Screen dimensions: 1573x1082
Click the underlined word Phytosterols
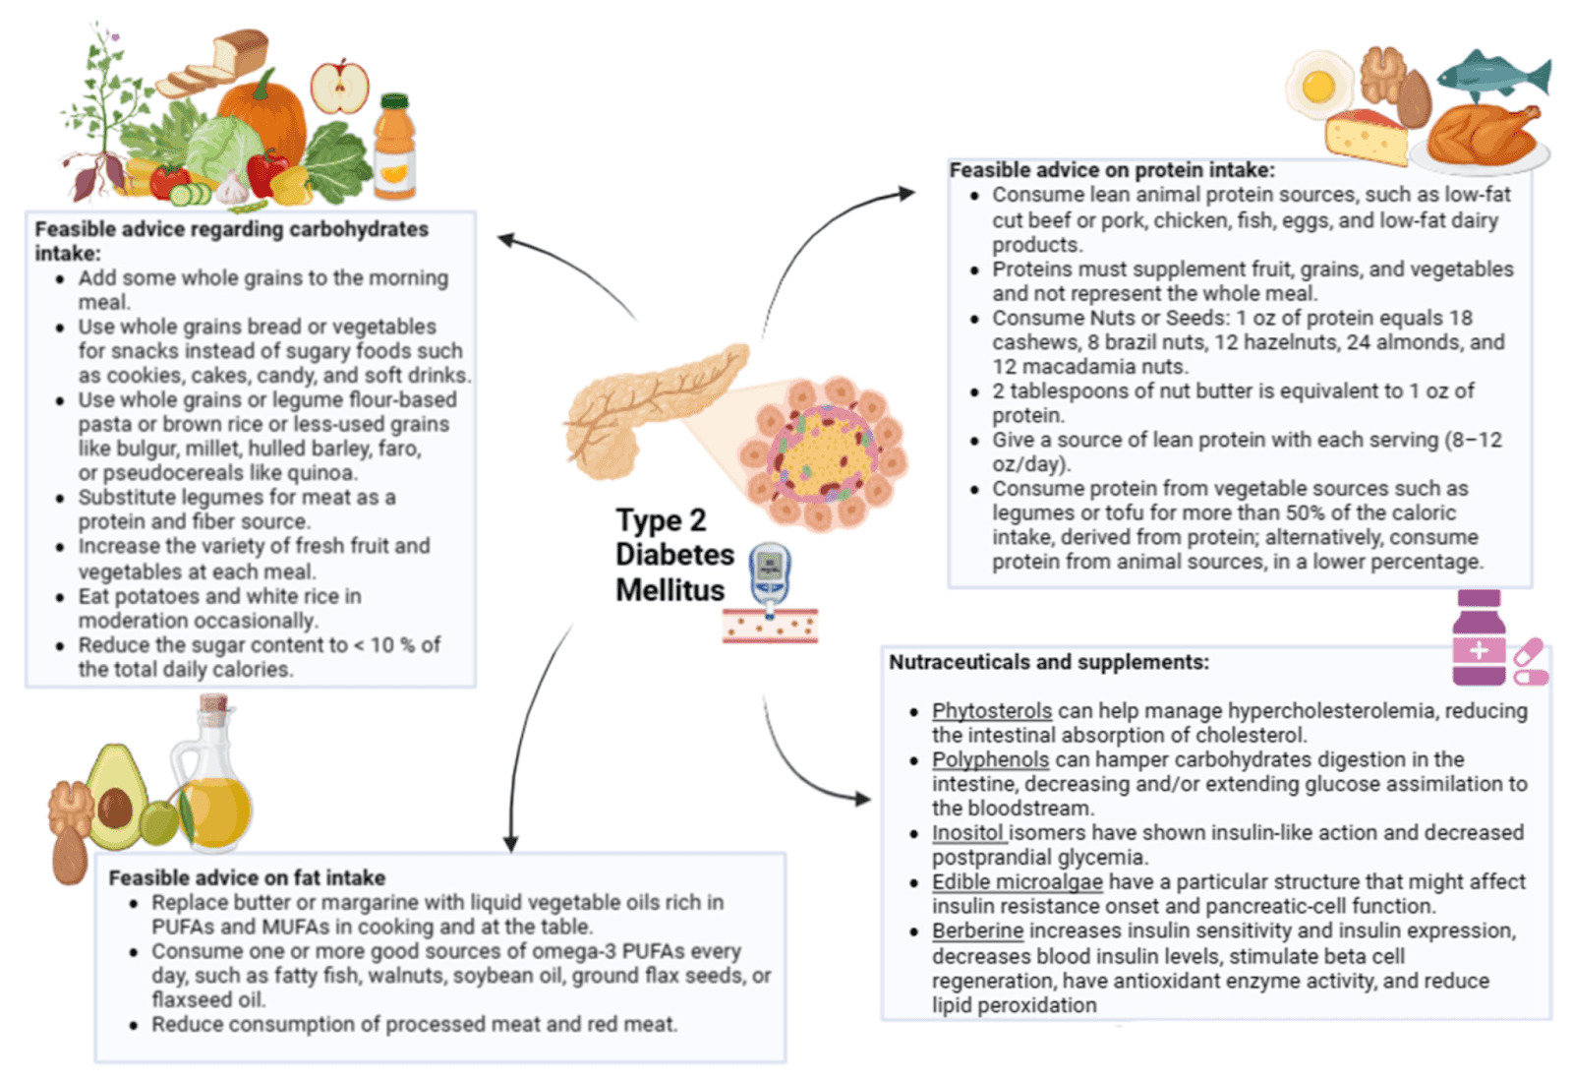pyautogui.click(x=992, y=711)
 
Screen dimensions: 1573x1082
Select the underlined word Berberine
pyautogui.click(x=977, y=931)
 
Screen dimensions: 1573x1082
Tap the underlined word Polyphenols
pyautogui.click(x=990, y=759)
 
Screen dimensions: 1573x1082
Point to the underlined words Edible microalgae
pyautogui.click(x=1017, y=882)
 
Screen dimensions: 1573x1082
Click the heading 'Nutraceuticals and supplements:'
pyautogui.click(x=1049, y=662)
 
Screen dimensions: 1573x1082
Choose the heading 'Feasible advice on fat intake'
pyautogui.click(x=247, y=877)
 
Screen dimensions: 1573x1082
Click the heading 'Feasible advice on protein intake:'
pyautogui.click(x=1112, y=170)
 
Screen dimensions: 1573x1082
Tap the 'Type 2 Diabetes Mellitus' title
pyautogui.click(x=674, y=555)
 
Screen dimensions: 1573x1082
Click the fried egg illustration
pyautogui.click(x=1319, y=87)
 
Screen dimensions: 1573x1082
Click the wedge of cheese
pyautogui.click(x=1367, y=139)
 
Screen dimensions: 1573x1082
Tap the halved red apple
pyautogui.click(x=340, y=88)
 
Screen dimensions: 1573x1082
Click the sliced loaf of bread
pyautogui.click(x=212, y=63)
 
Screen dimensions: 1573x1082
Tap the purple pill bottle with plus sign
pyautogui.click(x=1479, y=638)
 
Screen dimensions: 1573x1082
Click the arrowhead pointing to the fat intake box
pyautogui.click(x=511, y=843)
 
